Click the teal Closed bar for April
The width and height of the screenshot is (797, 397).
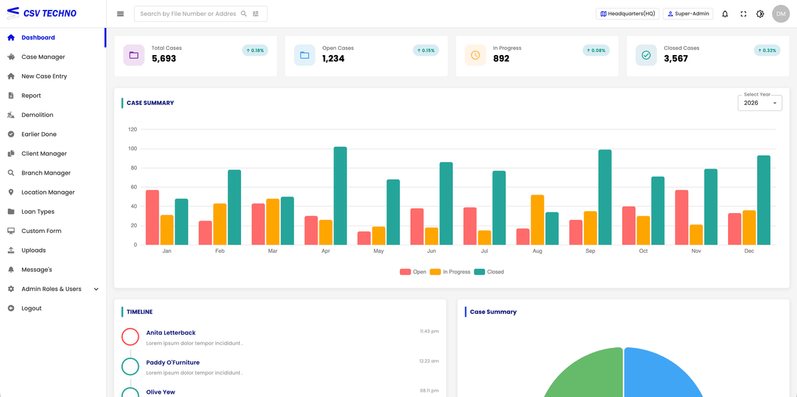pyautogui.click(x=340, y=196)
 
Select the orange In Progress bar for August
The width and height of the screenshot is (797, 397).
pyautogui.click(x=537, y=220)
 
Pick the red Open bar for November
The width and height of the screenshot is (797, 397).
pyautogui.click(x=681, y=217)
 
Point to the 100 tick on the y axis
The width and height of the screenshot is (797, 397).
pyautogui.click(x=133, y=149)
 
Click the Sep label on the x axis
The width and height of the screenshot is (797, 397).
pyautogui.click(x=590, y=251)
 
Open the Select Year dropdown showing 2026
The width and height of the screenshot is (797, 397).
pyautogui.click(x=760, y=103)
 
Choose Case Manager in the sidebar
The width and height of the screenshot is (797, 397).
pyautogui.click(x=43, y=57)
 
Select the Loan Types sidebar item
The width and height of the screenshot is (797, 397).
pyautogui.click(x=38, y=212)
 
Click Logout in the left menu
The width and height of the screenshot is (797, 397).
pyautogui.click(x=31, y=309)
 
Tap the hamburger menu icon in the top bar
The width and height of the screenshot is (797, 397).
pyautogui.click(x=120, y=14)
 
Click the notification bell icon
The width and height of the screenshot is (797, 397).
pyautogui.click(x=725, y=14)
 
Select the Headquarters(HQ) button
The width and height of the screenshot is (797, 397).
pyautogui.click(x=628, y=14)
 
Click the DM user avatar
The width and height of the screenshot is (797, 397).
pyautogui.click(x=780, y=14)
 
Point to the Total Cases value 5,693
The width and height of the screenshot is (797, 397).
pyautogui.click(x=164, y=58)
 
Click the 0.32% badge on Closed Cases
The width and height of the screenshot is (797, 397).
pyautogui.click(x=767, y=50)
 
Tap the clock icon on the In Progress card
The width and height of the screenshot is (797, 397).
pyautogui.click(x=476, y=55)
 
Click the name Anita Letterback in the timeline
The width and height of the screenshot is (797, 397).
pyautogui.click(x=171, y=333)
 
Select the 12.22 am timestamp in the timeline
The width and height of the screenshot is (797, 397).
pyautogui.click(x=428, y=361)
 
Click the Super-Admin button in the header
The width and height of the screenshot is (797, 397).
pyautogui.click(x=688, y=14)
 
